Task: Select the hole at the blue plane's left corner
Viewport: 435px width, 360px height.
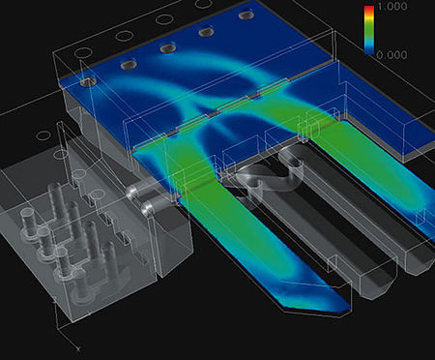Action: (90, 83)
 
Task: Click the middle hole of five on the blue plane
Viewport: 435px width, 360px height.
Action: (168, 47)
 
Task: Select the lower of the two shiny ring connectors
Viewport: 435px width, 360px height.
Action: (147, 208)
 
